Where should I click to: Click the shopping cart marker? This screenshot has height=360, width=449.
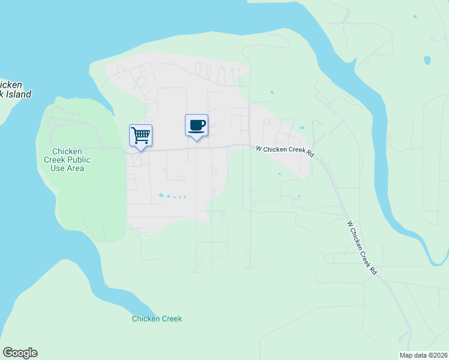[140, 136]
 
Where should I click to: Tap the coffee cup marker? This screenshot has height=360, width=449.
[196, 125]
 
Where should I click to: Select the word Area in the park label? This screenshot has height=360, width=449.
[76, 168]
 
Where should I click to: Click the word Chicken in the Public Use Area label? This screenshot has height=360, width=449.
[67, 151]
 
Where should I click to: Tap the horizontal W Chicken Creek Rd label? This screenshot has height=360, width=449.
[285, 151]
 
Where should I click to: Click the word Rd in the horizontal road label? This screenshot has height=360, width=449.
[310, 154]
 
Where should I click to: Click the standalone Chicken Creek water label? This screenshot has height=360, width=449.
[157, 319]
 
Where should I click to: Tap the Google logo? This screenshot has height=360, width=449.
[20, 353]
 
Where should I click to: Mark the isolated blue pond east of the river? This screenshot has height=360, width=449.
[427, 60]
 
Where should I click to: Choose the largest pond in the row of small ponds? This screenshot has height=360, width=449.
[160, 195]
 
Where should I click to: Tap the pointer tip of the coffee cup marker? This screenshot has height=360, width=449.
[196, 140]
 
